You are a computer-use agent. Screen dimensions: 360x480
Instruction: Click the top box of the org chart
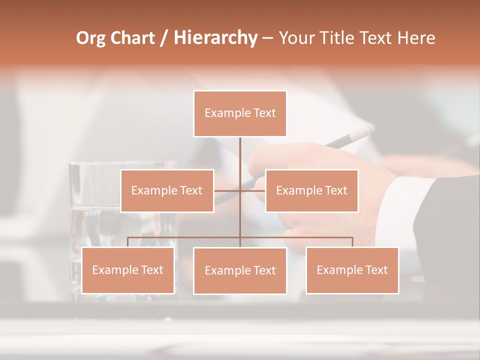[240, 113]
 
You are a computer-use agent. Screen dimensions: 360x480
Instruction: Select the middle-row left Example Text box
[167, 190]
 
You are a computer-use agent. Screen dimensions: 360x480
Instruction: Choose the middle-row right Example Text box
[311, 190]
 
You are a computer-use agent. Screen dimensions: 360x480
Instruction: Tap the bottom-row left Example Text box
[128, 270]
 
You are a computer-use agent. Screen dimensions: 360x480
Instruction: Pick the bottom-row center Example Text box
[240, 270]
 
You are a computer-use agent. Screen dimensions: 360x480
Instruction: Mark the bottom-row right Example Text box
[352, 270]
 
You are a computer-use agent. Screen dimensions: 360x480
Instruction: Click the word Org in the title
[90, 38]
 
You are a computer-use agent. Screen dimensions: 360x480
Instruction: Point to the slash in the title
[163, 38]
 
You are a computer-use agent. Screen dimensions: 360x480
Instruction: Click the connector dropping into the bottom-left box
[128, 242]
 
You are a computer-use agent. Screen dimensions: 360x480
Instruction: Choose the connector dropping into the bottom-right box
[352, 242]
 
